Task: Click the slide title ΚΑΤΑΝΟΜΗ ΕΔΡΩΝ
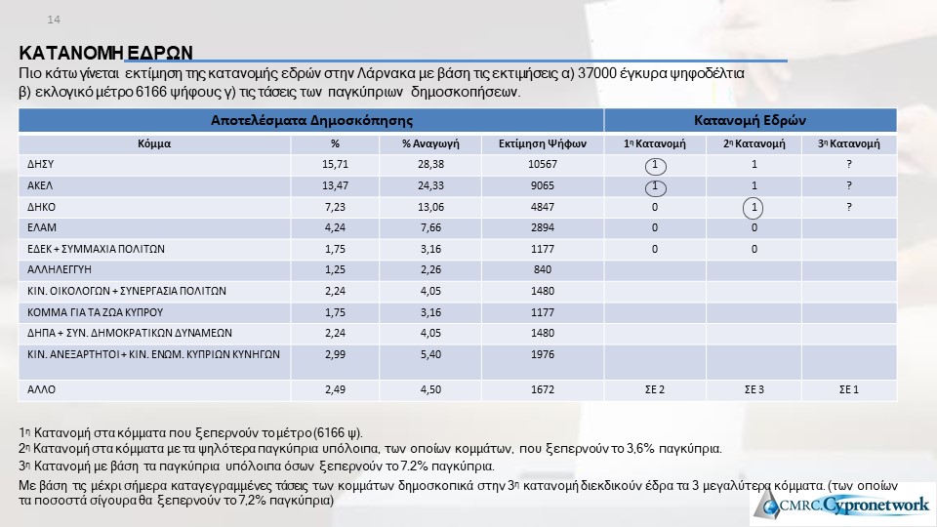tap(106, 53)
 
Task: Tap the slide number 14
tap(54, 20)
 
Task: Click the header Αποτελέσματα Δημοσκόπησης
tap(311, 121)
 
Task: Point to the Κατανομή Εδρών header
tap(749, 121)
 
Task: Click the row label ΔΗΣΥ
tap(41, 164)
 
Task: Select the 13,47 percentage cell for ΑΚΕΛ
tap(335, 185)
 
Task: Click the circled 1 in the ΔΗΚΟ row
tap(754, 207)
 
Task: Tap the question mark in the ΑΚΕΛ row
tap(849, 185)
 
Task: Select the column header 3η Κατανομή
tap(849, 143)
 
